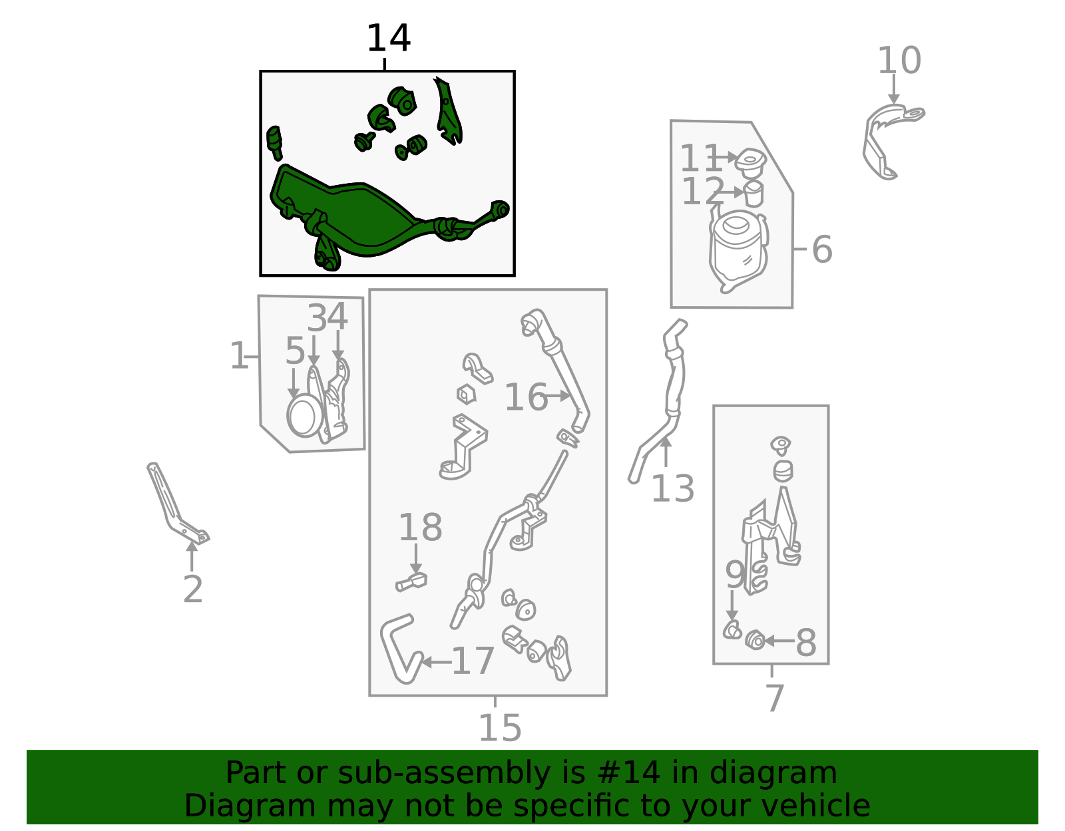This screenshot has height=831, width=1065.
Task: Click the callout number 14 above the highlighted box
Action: click(388, 39)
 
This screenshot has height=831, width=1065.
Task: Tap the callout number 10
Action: click(899, 61)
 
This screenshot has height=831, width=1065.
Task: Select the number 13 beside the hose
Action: click(672, 489)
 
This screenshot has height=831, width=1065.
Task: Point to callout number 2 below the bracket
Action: click(192, 589)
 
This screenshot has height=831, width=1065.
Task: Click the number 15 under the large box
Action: click(499, 728)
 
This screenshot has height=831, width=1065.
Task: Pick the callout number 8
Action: click(806, 643)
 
